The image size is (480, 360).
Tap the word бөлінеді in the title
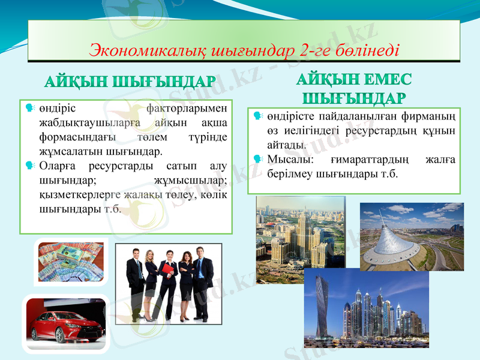pyautogui.click(x=366, y=49)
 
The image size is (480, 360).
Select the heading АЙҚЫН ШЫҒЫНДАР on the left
pyautogui.click(x=130, y=82)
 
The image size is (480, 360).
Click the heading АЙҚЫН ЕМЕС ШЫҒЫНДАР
pyautogui.click(x=354, y=88)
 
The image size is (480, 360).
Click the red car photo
pyautogui.click(x=67, y=323)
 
